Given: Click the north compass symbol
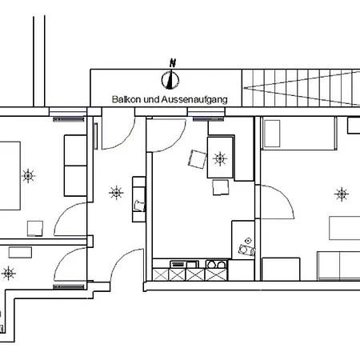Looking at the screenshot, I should (x=170, y=79).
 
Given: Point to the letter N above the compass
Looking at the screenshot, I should (x=170, y=63).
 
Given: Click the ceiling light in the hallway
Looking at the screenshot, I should (x=116, y=192).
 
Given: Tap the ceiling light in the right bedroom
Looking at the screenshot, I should (x=342, y=193).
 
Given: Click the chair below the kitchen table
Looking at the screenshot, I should (x=220, y=188).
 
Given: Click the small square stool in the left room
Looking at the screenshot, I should (x=34, y=227).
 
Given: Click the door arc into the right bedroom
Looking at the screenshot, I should (x=276, y=204).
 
